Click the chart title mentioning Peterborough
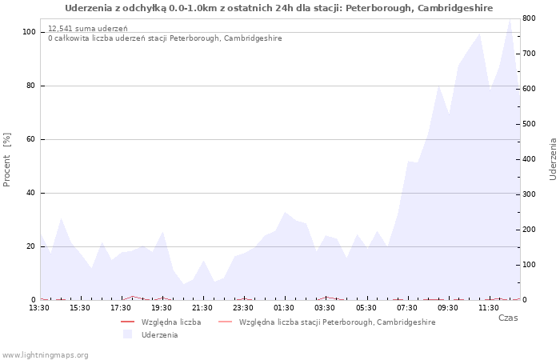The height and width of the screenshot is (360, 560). (279, 8)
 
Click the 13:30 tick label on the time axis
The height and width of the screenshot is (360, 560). (39, 308)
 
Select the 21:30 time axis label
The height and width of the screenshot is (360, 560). (202, 308)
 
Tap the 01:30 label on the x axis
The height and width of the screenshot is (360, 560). (283, 308)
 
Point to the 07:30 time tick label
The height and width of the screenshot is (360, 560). (406, 308)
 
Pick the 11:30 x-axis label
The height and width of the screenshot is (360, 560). (488, 308)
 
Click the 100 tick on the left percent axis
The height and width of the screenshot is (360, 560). (29, 32)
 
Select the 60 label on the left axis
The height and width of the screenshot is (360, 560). (30, 139)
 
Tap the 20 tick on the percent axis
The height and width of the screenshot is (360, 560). (30, 246)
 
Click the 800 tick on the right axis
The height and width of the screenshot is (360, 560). (530, 18)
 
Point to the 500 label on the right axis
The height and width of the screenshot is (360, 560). (530, 124)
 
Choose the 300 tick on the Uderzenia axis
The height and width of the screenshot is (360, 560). (530, 194)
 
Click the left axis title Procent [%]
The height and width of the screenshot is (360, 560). (6, 160)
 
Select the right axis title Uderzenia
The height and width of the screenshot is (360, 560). (553, 159)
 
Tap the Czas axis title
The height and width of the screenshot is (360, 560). (508, 318)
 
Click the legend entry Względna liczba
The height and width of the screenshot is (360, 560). (171, 322)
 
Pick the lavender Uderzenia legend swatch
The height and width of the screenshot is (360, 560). (127, 334)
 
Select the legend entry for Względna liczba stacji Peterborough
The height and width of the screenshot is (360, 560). (337, 322)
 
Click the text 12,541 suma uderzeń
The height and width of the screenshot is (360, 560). (88, 29)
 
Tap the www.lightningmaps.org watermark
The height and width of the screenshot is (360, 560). (45, 355)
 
